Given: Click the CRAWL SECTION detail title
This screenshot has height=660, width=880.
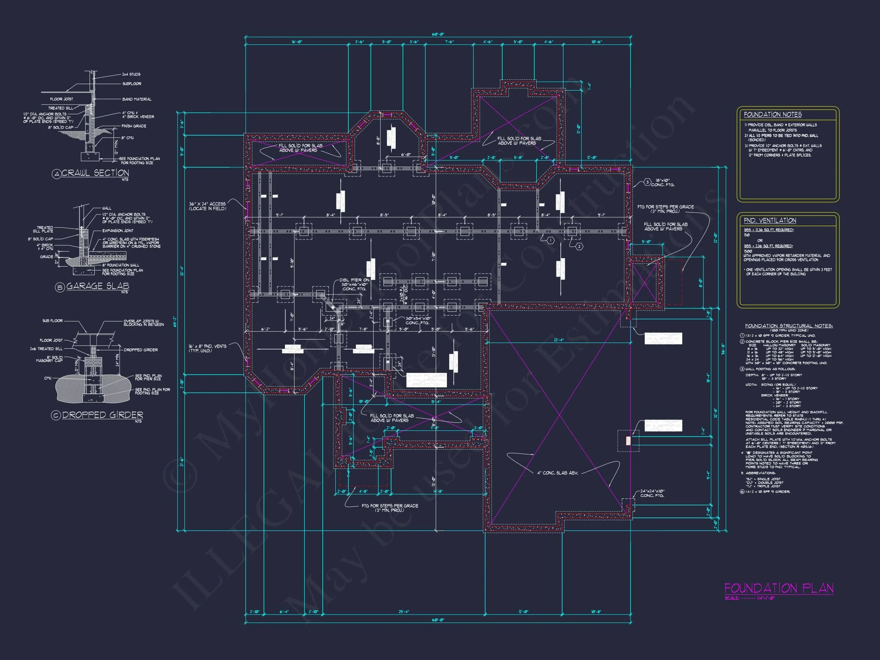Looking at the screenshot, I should click(95, 173).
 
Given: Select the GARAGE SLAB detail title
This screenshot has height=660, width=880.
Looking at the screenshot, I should click(97, 286).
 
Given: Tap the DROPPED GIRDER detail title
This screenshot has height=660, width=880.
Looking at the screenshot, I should click(102, 415).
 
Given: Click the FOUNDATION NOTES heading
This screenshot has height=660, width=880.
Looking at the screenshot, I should click(773, 115).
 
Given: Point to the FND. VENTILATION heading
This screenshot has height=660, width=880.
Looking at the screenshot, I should click(770, 220).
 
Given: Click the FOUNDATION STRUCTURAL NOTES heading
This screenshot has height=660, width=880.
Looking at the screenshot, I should click(788, 326).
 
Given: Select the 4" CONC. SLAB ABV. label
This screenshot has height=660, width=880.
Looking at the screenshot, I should click(557, 473).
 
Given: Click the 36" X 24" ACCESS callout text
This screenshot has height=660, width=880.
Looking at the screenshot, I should click(207, 206).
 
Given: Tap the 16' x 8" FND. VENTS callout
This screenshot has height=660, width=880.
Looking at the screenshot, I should click(207, 348).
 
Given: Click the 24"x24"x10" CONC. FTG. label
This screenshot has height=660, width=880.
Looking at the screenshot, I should click(652, 493).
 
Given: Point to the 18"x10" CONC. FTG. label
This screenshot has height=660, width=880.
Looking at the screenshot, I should click(662, 183).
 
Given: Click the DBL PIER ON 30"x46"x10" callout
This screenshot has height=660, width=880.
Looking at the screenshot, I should click(354, 285).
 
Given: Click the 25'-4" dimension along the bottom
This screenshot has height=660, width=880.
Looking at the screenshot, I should click(403, 611).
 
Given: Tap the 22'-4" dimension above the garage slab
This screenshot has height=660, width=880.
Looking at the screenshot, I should click(558, 340).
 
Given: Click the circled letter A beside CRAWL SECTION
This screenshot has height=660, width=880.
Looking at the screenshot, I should click(56, 174).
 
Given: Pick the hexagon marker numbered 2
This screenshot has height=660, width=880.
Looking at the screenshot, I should click(579, 247).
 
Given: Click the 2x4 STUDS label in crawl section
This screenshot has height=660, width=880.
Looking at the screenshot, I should click(131, 74).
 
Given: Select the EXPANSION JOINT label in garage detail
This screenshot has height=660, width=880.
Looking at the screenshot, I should click(118, 231).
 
